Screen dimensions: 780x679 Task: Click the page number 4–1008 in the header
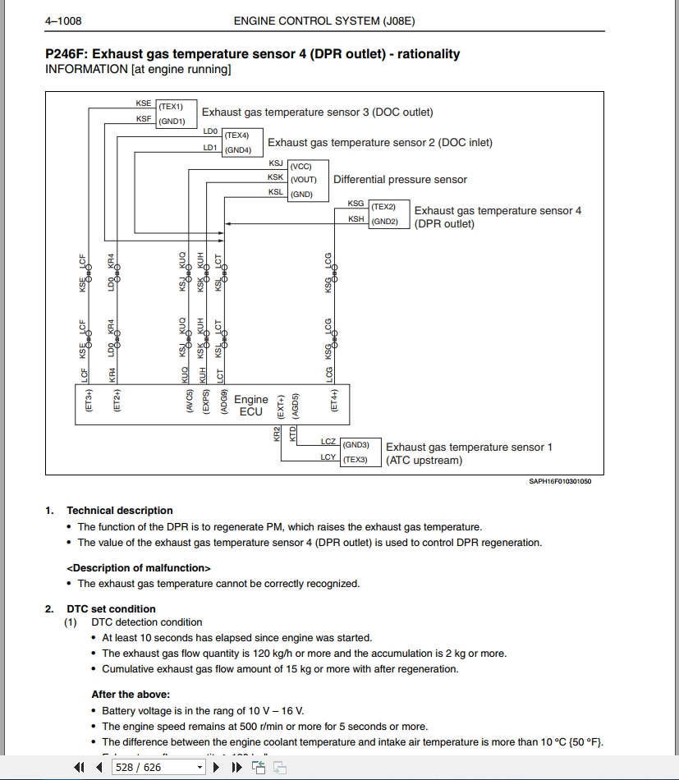tap(63, 21)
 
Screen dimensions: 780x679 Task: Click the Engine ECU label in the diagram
tap(251, 406)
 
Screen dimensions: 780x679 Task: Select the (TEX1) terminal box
tap(171, 107)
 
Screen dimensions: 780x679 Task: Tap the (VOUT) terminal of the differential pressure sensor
tap(303, 179)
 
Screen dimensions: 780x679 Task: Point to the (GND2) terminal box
tap(384, 222)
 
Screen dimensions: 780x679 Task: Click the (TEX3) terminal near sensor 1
tap(356, 459)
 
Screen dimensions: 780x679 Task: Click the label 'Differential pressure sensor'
tap(400, 180)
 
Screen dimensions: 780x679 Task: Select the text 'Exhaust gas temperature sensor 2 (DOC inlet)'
tap(380, 143)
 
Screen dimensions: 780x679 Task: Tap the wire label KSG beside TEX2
tap(356, 204)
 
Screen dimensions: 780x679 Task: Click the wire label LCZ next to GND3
tap(328, 442)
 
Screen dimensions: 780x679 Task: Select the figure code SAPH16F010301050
tap(560, 482)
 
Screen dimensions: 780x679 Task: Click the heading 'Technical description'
tap(120, 511)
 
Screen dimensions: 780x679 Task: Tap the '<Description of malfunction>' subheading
tap(139, 568)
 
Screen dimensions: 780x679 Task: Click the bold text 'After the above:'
tap(131, 695)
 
